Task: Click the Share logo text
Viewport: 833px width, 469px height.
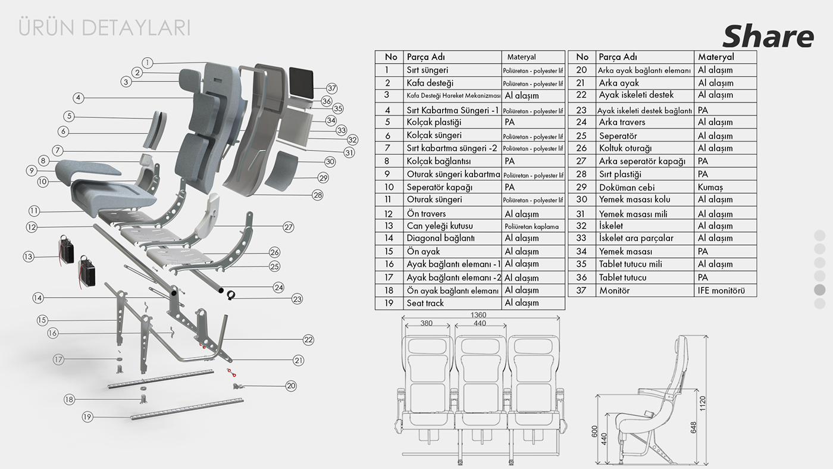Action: (x=768, y=37)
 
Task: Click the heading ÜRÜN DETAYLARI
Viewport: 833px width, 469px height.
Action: (x=105, y=27)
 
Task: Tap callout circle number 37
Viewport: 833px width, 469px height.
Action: (x=332, y=89)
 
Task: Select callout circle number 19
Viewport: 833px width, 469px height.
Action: (x=87, y=417)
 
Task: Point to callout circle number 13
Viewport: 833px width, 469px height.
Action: (x=29, y=257)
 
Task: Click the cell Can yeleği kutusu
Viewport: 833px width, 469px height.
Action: (x=440, y=226)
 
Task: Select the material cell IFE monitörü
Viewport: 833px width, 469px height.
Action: (x=721, y=290)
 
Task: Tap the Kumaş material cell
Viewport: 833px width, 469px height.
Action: (x=710, y=187)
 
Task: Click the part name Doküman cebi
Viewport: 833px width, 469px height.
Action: (x=627, y=187)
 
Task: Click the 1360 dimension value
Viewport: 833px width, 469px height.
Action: (x=478, y=315)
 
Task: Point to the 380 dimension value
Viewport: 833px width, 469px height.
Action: (x=425, y=323)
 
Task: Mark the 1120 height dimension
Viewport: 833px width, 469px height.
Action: (x=703, y=403)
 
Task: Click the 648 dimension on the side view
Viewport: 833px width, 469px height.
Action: (x=693, y=427)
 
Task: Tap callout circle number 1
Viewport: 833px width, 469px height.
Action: (x=148, y=62)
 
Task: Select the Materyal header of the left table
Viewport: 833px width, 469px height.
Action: (x=521, y=57)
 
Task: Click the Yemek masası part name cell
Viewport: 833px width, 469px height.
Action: (x=622, y=252)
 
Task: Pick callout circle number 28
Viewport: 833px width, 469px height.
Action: (x=317, y=195)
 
